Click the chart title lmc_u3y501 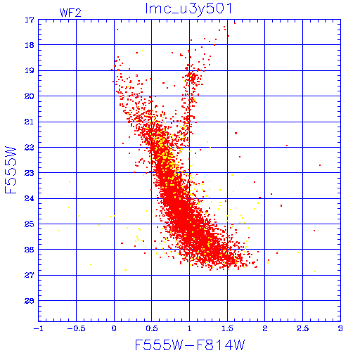click(x=188, y=8)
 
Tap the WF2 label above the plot click(x=70, y=13)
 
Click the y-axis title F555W click(x=11, y=170)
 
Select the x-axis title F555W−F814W click(x=190, y=345)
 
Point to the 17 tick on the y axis click(x=30, y=20)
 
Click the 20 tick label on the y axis click(x=30, y=96)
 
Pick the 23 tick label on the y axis click(x=30, y=173)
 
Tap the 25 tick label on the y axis click(x=30, y=224)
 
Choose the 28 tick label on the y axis click(x=30, y=301)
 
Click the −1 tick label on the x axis click(x=39, y=328)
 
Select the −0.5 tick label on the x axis click(x=76, y=328)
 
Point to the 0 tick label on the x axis click(x=114, y=328)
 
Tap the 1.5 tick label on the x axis click(x=227, y=328)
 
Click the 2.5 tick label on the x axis click(x=303, y=328)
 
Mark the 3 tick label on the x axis click(x=340, y=328)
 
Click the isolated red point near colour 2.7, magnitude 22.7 click(x=320, y=165)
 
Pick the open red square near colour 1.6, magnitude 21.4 click(x=236, y=133)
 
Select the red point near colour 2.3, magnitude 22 click(x=287, y=146)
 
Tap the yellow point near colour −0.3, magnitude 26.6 click(x=91, y=264)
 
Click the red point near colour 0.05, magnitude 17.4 click(x=117, y=30)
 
